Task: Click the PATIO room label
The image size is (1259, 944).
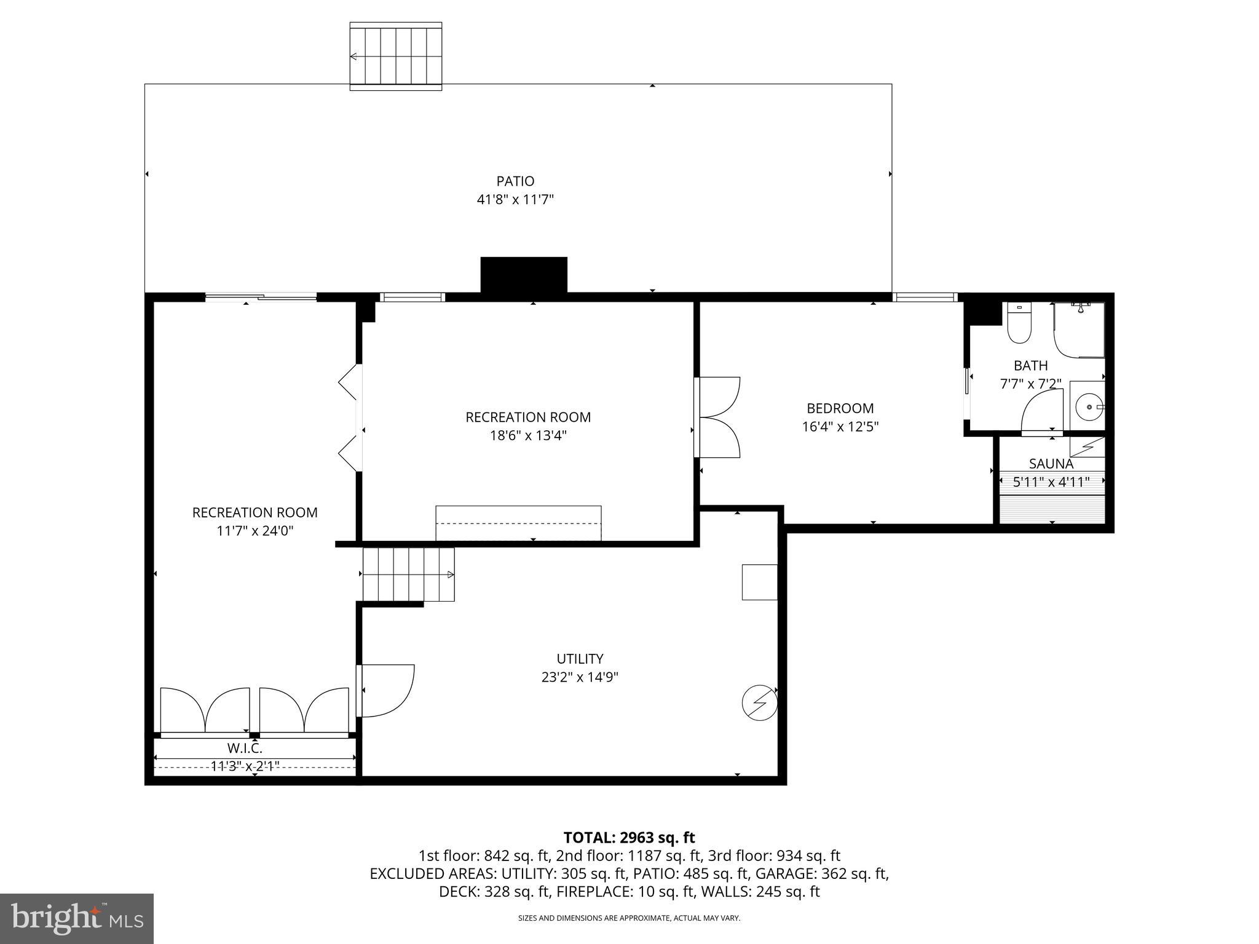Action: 515,181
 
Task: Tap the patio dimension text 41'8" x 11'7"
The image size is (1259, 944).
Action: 515,200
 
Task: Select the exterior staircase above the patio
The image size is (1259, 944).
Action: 396,57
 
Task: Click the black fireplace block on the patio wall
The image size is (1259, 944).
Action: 523,275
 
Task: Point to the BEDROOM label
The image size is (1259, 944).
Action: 840,408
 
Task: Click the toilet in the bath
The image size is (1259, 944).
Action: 1019,325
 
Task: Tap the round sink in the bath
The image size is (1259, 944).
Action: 1089,406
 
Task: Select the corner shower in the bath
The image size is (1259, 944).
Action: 1079,331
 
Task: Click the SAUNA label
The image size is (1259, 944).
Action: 1051,464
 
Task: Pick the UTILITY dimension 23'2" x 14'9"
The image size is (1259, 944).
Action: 579,677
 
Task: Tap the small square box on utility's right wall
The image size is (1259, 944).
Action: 759,582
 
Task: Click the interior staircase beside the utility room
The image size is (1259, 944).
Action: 408,575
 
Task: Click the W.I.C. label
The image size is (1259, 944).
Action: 245,749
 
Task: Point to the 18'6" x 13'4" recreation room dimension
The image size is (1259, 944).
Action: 527,436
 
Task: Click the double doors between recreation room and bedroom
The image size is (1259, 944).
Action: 718,417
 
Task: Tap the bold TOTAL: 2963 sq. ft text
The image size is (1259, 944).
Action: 629,838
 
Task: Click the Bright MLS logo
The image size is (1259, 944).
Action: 76,918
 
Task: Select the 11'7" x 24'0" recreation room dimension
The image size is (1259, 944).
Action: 255,531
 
